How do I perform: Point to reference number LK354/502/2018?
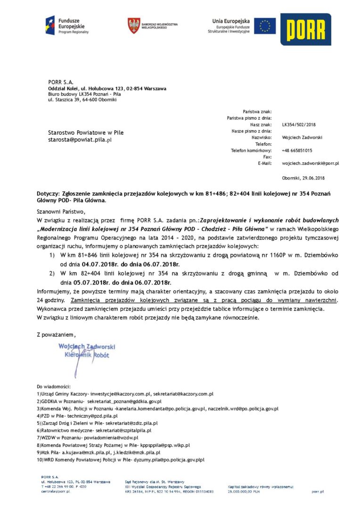click(x=299, y=124)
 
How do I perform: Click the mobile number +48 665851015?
click(x=297, y=150)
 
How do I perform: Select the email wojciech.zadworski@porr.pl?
click(x=310, y=163)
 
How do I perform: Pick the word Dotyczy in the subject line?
click(x=48, y=194)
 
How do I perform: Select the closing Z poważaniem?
click(x=56, y=334)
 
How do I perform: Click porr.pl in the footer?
click(x=318, y=491)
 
